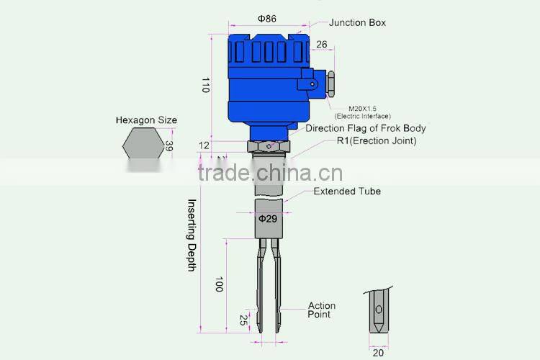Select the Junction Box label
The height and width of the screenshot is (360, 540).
[358, 22]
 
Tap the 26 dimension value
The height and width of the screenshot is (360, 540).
[321, 45]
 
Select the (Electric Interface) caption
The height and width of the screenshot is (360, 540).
[362, 116]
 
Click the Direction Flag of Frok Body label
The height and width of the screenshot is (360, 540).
[365, 128]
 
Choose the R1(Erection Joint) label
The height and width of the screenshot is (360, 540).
[376, 140]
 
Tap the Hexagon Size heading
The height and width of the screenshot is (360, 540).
[146, 120]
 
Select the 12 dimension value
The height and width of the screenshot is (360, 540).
[204, 145]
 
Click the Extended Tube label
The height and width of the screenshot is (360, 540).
[346, 192]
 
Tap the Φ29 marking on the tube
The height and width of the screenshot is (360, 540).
[268, 218]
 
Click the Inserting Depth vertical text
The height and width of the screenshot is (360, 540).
[192, 235]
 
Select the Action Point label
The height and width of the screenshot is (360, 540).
[321, 310]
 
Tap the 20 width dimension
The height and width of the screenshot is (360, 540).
[379, 352]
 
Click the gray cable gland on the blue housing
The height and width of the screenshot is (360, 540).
[332, 83]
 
